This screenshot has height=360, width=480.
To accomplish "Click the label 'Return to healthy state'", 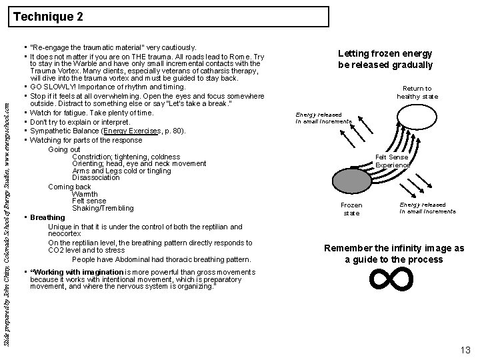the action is click(x=417, y=92).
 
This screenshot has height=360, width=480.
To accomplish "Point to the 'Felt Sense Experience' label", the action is click(x=392, y=161).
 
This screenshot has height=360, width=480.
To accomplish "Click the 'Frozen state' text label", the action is click(x=351, y=209).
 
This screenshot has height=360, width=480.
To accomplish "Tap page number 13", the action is click(x=465, y=349).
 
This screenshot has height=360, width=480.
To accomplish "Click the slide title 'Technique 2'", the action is click(x=48, y=16).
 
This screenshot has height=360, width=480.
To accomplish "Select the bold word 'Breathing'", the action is click(x=47, y=217).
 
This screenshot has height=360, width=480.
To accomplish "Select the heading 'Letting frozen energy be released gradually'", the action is click(x=385, y=59).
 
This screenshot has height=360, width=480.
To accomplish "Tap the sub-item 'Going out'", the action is click(x=64, y=149).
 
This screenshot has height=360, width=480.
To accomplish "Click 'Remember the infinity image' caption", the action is click(x=394, y=253).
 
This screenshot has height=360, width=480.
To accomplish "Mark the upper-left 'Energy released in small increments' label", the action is click(x=323, y=118).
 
